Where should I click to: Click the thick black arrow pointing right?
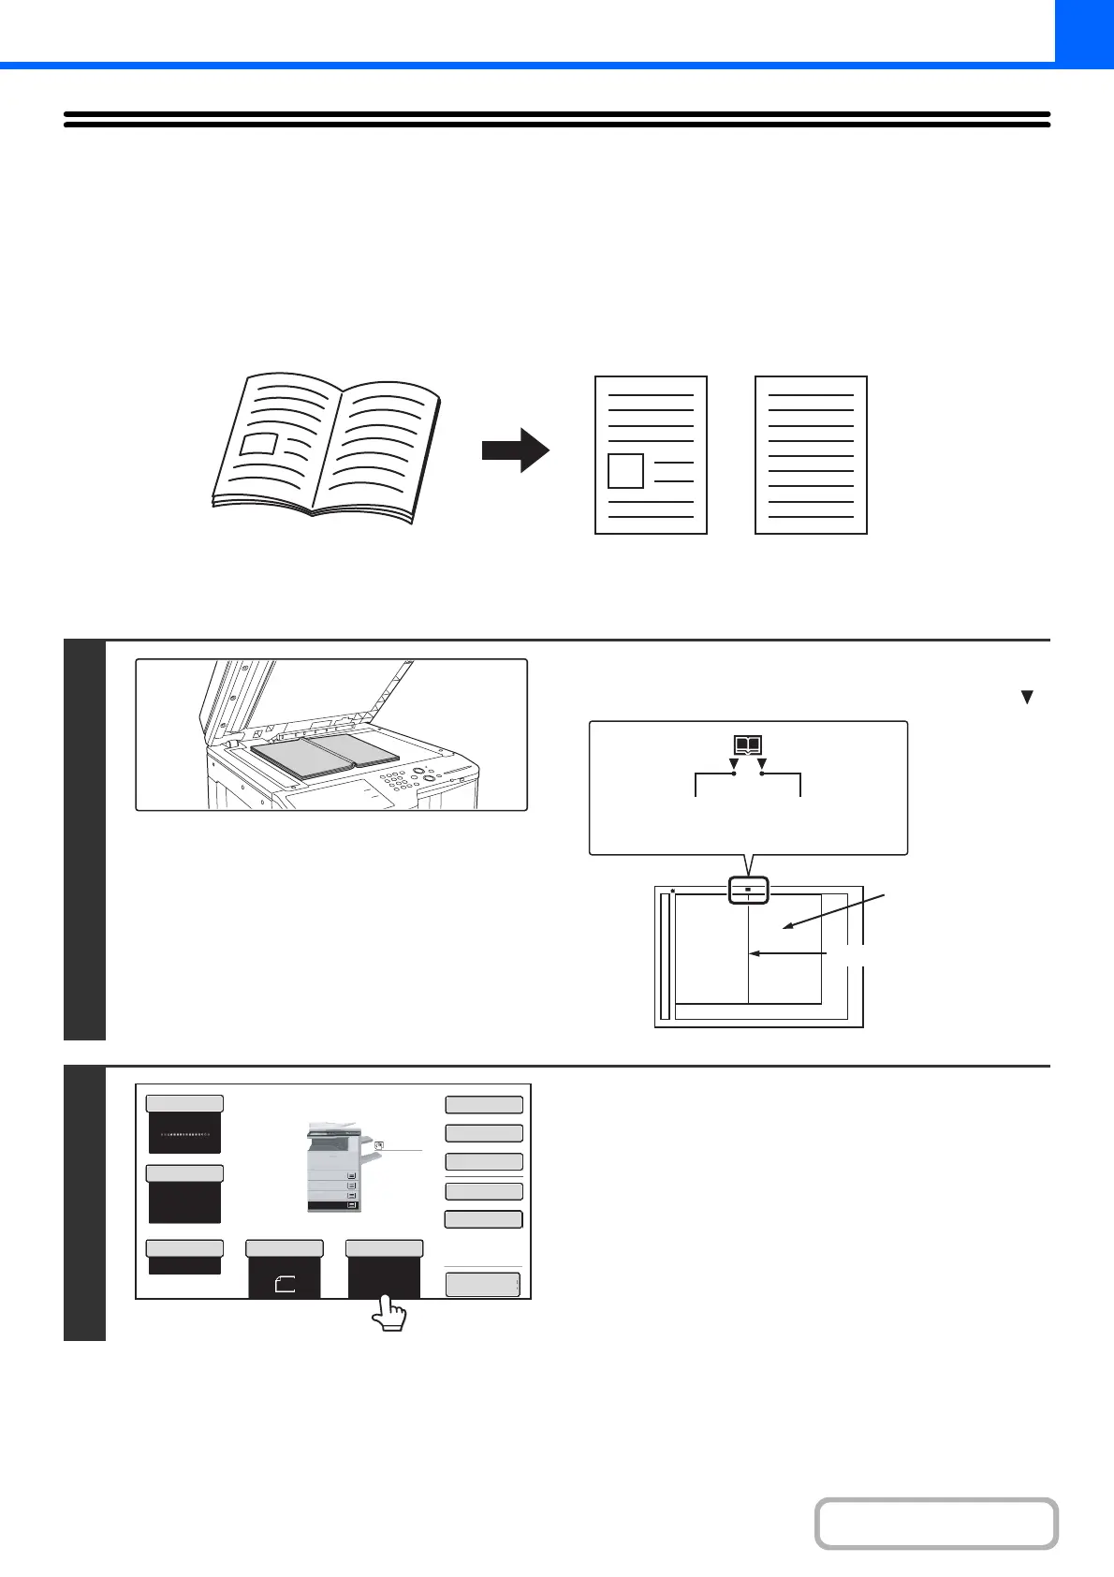click(515, 450)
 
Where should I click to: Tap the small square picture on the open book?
click(258, 444)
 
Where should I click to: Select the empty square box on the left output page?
click(625, 470)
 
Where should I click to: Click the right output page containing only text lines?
click(811, 455)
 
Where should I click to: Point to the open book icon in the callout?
click(747, 746)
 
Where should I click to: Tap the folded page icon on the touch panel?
click(285, 1285)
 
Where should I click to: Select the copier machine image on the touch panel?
click(333, 1166)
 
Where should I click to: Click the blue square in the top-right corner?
click(1084, 30)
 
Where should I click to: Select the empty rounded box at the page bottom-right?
click(936, 1524)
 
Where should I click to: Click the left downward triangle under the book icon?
click(733, 764)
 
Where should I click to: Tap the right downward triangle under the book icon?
click(762, 764)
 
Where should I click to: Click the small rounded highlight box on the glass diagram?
click(748, 891)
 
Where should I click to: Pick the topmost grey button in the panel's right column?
click(483, 1105)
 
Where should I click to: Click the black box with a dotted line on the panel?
click(184, 1133)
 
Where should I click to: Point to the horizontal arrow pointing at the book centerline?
click(788, 953)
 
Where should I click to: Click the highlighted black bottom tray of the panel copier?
click(333, 1205)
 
